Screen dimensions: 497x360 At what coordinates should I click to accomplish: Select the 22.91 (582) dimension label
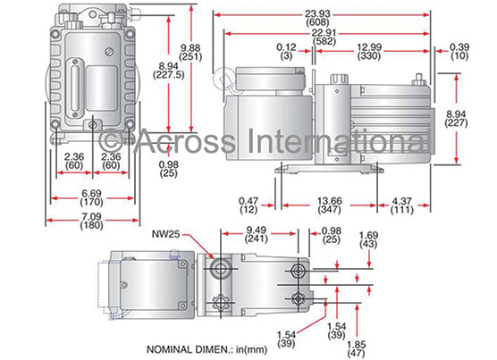point(324,37)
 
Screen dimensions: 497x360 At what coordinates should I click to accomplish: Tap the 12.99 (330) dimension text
point(369,52)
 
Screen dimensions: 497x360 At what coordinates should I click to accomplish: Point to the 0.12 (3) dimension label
point(286,52)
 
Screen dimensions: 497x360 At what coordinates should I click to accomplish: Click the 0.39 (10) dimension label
point(459,52)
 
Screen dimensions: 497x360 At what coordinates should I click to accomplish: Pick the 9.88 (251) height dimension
point(190,53)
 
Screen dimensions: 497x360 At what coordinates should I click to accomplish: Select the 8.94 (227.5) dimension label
point(168,71)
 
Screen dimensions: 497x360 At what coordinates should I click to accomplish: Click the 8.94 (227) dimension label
point(456,118)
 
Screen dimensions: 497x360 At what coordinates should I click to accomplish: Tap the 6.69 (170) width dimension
point(91,197)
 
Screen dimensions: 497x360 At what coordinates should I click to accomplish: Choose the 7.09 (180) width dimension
point(91,221)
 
